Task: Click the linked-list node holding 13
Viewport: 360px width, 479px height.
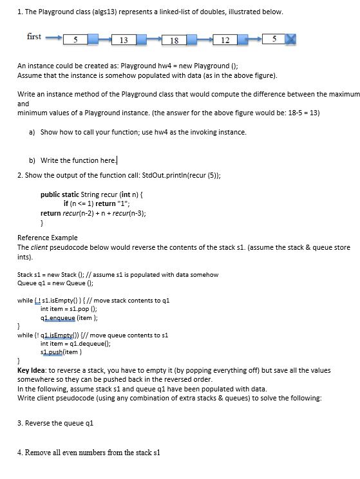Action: (x=123, y=41)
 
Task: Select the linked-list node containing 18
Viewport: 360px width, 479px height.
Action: (x=174, y=41)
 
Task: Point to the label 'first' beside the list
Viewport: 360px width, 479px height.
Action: (x=34, y=37)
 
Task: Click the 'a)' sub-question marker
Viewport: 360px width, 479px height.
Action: (x=33, y=132)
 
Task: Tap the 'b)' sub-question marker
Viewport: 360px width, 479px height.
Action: (x=33, y=160)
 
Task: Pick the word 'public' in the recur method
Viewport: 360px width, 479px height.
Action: (x=52, y=194)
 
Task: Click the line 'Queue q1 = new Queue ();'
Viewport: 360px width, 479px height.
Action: (x=55, y=283)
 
